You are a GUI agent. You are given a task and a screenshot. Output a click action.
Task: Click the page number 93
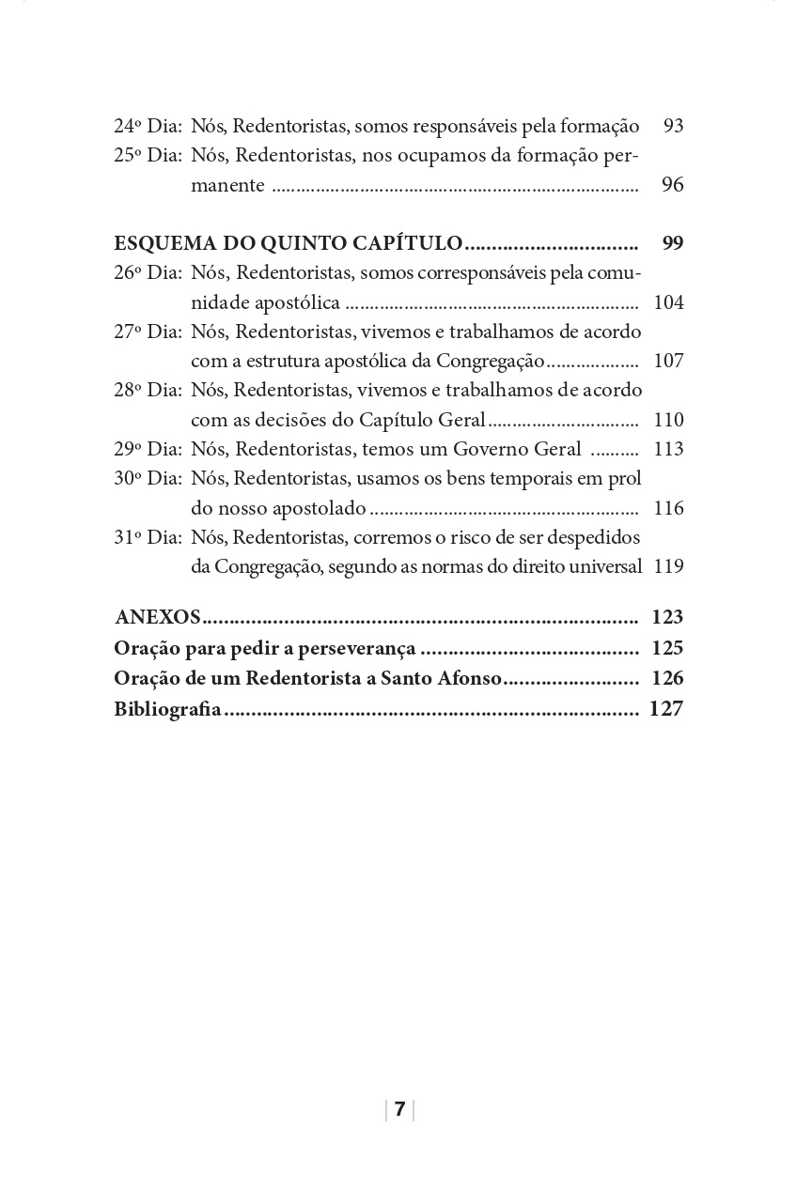[673, 126]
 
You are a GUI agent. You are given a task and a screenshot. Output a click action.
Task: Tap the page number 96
[673, 185]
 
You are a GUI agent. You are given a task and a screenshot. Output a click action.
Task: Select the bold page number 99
[673, 243]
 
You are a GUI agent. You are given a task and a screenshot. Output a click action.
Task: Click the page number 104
[668, 302]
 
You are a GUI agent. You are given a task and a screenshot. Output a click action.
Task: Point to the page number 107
[668, 361]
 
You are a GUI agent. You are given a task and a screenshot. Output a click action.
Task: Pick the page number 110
[668, 420]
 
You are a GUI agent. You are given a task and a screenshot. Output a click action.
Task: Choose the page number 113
[668, 449]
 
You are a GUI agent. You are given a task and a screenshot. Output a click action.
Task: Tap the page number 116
[668, 508]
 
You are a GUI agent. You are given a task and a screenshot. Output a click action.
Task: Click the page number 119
[668, 566]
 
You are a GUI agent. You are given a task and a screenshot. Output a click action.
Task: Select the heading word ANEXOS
[158, 617]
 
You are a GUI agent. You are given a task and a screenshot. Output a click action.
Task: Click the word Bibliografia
[167, 709]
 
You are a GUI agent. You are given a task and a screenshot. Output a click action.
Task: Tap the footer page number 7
[399, 1109]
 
